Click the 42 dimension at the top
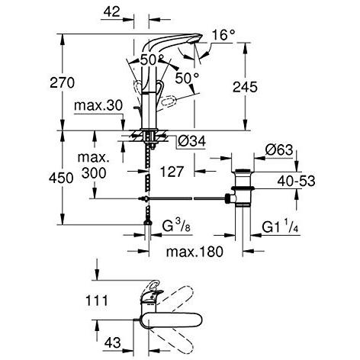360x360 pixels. (111, 11)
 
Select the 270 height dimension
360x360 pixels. (62, 82)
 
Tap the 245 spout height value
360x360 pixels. (245, 87)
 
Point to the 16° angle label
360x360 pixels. (223, 35)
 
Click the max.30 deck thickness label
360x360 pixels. (98, 105)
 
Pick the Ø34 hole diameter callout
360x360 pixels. (191, 141)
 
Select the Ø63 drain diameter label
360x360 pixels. (278, 150)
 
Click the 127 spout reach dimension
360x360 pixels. (172, 172)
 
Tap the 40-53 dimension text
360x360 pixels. (296, 181)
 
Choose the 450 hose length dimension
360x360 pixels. (61, 178)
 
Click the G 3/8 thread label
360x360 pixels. (176, 226)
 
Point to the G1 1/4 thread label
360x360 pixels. (280, 227)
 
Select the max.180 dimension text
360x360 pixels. (194, 252)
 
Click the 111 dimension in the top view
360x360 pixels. (97, 301)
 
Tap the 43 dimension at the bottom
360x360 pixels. (112, 342)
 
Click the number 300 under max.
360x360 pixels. (94, 173)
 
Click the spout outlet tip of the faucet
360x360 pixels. (196, 40)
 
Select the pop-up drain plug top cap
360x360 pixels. (243, 170)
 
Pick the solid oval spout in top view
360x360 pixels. (172, 320)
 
